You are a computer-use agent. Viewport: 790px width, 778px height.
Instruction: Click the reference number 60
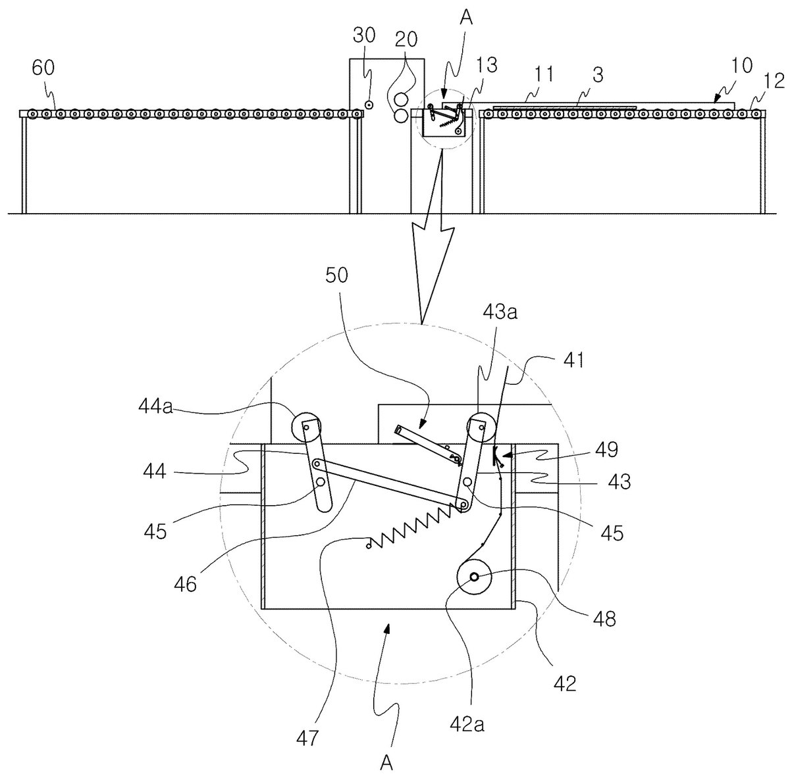point(43,68)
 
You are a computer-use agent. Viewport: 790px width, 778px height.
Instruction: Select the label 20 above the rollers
point(406,39)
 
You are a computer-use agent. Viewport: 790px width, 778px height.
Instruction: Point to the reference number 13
point(487,65)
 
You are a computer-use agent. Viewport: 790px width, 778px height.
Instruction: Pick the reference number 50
point(336,276)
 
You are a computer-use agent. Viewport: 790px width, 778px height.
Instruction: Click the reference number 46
point(186,585)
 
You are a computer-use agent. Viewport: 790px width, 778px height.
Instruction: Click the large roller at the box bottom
point(473,577)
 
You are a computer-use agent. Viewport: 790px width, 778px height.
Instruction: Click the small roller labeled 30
point(369,105)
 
